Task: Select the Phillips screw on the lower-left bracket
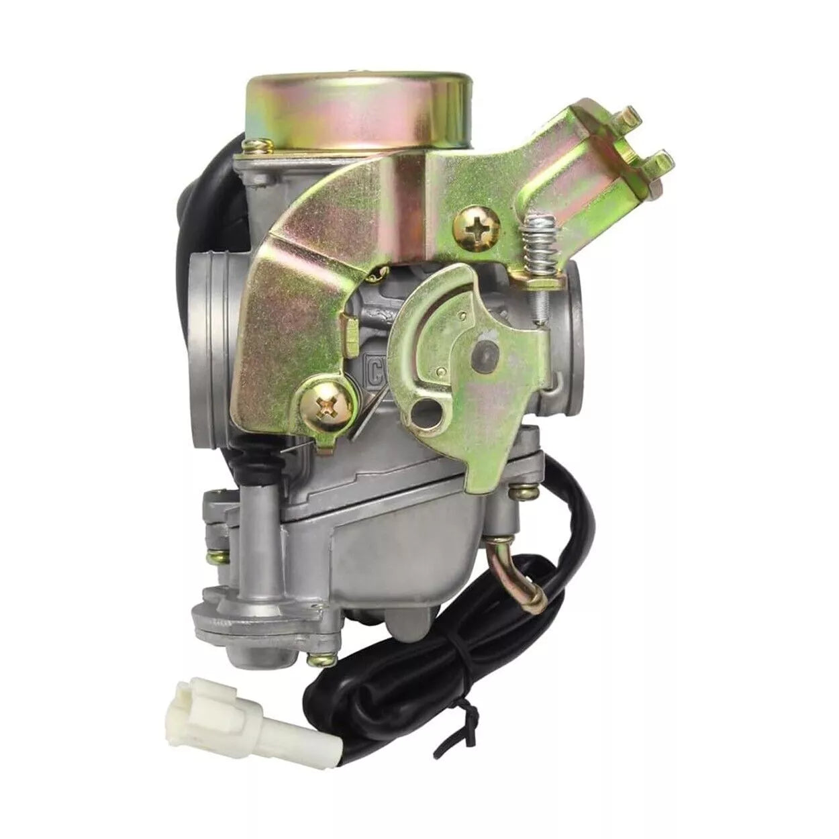click(328, 405)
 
